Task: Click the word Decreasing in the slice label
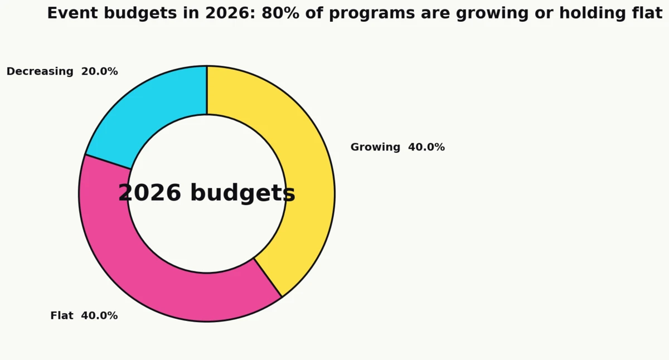pos(40,71)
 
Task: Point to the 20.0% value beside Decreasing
pos(99,71)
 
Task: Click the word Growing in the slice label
pos(375,147)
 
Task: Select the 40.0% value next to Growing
pos(426,147)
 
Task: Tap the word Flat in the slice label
pos(62,315)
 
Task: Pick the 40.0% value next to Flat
pos(99,315)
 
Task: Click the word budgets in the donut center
pos(243,193)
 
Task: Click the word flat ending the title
pos(647,13)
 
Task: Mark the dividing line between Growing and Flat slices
pos(268,278)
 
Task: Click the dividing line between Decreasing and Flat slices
pos(108,162)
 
